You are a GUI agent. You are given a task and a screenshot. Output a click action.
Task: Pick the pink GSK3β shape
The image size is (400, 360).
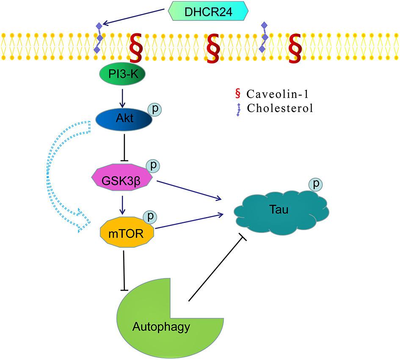click(x=123, y=179)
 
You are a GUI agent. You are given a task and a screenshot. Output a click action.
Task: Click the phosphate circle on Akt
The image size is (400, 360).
click(x=154, y=109)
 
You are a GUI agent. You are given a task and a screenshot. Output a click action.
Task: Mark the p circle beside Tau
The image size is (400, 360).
click(x=315, y=184)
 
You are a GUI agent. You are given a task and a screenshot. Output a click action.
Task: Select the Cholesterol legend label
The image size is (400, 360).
click(x=280, y=108)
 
